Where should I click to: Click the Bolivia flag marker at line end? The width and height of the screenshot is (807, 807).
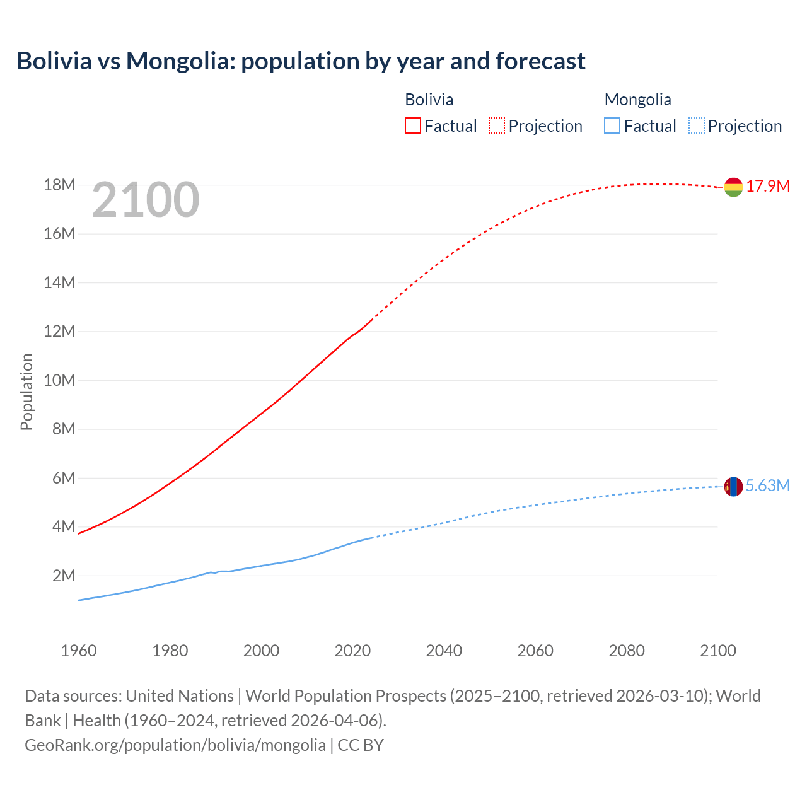coord(733,187)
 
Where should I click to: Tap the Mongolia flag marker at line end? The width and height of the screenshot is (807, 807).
coord(733,487)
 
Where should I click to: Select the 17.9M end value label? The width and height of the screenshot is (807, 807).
coord(768,186)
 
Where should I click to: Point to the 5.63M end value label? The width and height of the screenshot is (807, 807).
coord(768,485)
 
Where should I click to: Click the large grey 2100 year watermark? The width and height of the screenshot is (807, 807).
coord(146,200)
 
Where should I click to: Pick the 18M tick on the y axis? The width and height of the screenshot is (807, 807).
coord(59,185)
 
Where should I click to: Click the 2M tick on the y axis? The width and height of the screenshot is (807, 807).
coord(64,576)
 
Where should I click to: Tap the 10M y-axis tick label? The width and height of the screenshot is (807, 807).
coord(59,380)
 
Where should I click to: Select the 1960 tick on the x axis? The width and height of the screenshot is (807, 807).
coord(79,651)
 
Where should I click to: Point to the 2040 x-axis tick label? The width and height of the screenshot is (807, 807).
coord(444,651)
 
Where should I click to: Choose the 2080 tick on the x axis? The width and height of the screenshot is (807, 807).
coord(627,651)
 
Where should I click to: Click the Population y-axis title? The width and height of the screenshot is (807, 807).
coord(26,392)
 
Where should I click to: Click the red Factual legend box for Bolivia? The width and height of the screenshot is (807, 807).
coord(412,125)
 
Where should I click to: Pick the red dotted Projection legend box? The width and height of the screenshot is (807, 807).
coord(497,125)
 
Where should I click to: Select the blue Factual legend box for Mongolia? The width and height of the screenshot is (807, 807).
coord(612,125)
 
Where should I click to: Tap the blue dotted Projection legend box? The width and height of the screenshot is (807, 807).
coord(697,125)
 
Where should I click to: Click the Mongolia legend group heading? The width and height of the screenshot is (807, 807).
coord(637,100)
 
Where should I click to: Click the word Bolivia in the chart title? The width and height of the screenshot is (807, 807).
coord(54,61)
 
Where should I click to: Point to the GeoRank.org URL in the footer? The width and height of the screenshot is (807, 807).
coord(175,745)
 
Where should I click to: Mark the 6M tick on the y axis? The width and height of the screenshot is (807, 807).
coord(64,478)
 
